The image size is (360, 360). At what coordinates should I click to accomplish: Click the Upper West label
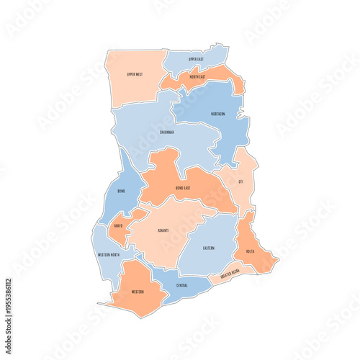click(x=134, y=74)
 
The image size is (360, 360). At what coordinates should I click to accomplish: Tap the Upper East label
click(x=197, y=59)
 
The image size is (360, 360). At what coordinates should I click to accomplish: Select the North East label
click(x=198, y=76)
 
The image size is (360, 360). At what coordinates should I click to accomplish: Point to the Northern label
click(x=217, y=114)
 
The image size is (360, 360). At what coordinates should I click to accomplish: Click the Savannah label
click(x=166, y=132)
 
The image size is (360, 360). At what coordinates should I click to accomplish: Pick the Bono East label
click(x=183, y=188)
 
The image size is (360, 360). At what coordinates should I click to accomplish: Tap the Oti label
click(x=241, y=182)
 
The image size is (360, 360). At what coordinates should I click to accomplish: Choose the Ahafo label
click(x=118, y=225)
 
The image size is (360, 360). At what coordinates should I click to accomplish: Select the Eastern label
click(x=208, y=248)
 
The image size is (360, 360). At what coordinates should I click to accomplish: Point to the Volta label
click(x=250, y=251)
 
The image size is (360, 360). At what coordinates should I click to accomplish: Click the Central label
click(x=182, y=285)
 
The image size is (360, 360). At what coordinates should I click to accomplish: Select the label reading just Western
click(x=137, y=292)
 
